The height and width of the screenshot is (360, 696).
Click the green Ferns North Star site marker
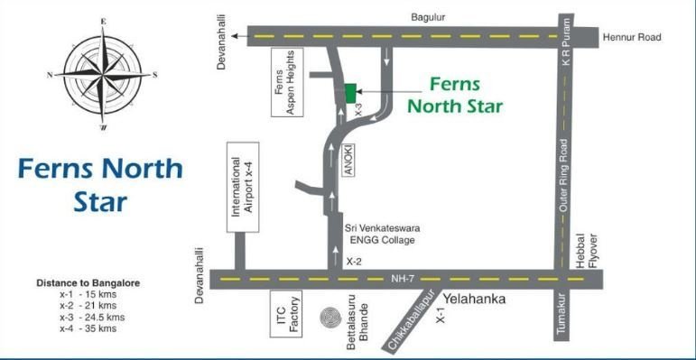350,93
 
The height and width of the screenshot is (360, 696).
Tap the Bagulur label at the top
429,16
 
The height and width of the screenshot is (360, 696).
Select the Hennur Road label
633,37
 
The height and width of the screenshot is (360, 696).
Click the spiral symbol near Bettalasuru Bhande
329,320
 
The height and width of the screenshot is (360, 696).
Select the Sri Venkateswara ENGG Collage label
384,235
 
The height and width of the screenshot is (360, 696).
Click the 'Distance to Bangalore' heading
88,282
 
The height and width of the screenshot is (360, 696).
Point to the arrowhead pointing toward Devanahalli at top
234,37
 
